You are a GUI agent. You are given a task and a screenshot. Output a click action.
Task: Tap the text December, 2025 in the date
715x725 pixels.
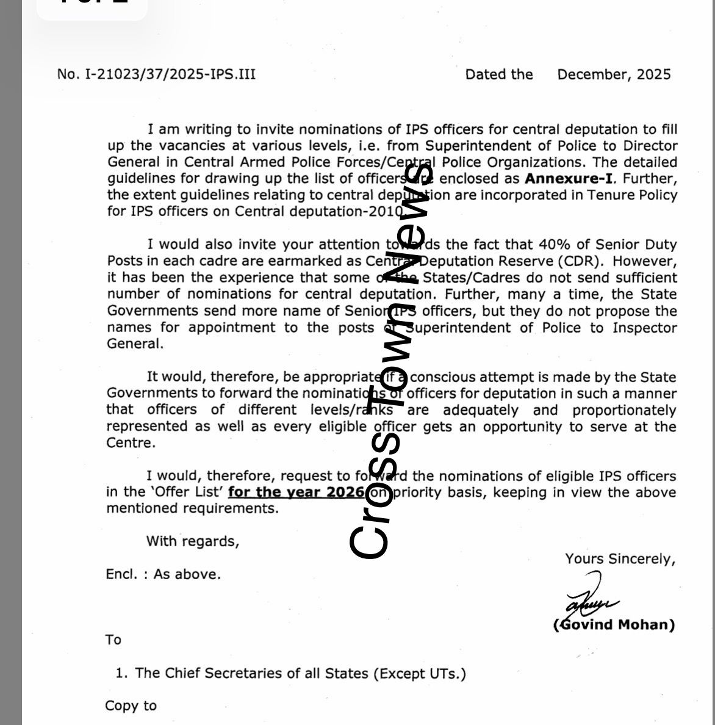[614, 74]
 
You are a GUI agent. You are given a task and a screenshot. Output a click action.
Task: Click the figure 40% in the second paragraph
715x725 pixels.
[553, 245]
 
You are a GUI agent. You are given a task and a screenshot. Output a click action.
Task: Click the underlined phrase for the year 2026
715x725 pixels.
[296, 492]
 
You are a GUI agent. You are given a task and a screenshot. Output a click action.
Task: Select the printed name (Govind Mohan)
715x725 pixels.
[614, 625]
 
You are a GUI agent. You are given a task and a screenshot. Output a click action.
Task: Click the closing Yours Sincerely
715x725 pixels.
[620, 559]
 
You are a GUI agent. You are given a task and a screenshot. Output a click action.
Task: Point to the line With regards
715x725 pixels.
[193, 541]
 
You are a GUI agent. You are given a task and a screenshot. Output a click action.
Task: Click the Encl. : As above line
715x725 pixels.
[163, 574]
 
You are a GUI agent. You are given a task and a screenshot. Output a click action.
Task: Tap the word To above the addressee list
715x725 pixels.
[113, 640]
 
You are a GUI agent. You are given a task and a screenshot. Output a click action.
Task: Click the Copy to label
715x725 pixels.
[131, 706]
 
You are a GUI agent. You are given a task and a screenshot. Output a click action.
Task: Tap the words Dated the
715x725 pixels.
[499, 74]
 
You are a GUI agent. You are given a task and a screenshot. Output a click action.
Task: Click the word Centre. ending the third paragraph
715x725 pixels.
[131, 443]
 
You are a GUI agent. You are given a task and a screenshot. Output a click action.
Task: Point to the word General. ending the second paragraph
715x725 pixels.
[135, 344]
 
